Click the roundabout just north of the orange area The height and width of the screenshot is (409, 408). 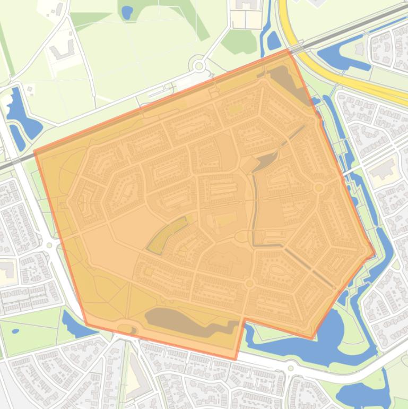(199, 66)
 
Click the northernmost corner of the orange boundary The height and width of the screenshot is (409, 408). (288, 50)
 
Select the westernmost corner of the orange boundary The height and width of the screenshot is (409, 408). (34, 151)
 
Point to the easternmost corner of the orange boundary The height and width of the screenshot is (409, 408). (375, 253)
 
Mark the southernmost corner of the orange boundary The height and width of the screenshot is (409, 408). (236, 360)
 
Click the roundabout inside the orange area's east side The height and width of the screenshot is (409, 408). (318, 188)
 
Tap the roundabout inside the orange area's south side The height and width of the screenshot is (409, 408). (249, 284)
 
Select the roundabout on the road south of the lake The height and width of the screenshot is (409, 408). (290, 368)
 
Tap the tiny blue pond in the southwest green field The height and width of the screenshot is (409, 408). (15, 331)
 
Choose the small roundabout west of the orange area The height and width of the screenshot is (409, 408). (49, 245)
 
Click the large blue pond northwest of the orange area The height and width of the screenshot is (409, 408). (21, 114)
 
